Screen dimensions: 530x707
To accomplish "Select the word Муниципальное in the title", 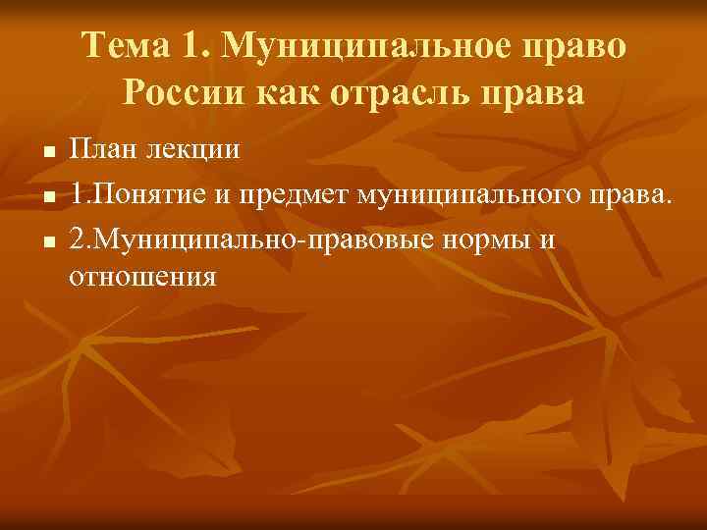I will coord(355,47).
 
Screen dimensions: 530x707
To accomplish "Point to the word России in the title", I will coord(183,93).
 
